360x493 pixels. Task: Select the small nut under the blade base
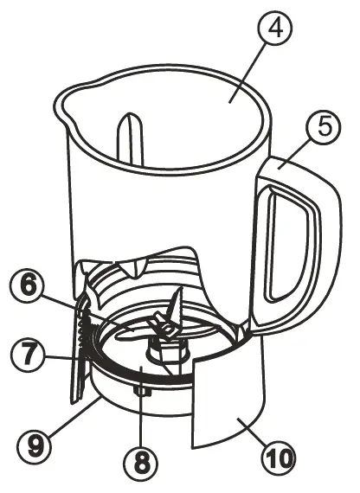point(140,394)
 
